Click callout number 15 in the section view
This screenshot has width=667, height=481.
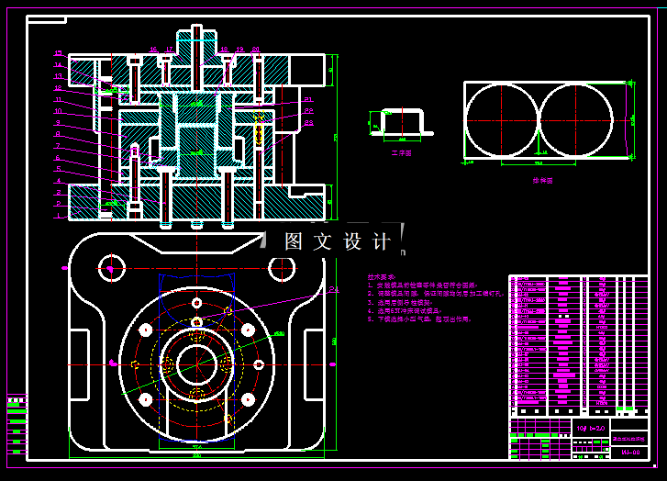tap(58, 53)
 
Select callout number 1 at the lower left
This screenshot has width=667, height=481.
tap(58, 216)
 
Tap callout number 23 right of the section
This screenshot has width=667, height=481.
tap(309, 122)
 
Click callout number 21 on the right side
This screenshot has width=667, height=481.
tap(309, 99)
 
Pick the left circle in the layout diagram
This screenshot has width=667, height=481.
tap(501, 120)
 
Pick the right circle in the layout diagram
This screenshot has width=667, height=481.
tap(575, 120)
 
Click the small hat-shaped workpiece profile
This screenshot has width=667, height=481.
tap(402, 120)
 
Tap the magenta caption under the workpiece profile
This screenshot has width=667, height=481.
tap(401, 153)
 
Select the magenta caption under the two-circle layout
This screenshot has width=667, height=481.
tap(544, 181)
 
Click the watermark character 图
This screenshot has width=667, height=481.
tap(294, 241)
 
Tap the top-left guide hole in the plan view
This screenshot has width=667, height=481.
tap(110, 267)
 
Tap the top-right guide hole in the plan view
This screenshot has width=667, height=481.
tap(281, 267)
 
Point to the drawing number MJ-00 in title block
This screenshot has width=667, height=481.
tap(629, 453)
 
